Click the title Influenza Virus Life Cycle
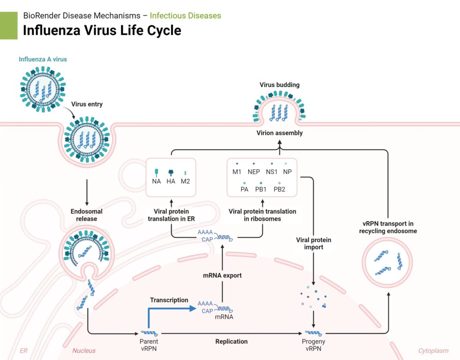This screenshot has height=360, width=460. point(102,31)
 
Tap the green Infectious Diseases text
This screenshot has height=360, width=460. point(185,16)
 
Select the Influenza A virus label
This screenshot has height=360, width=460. point(43,59)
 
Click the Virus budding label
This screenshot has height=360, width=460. point(279,84)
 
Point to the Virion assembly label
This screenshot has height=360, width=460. point(279,133)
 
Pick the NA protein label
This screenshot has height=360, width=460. point(156,181)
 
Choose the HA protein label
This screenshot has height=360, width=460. point(171,181)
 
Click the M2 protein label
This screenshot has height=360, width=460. point(185,181)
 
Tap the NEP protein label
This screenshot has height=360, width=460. point(254,172)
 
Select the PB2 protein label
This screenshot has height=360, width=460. point(279,189)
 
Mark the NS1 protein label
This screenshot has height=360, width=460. point(272,172)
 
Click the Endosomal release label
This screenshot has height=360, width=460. point(86,215)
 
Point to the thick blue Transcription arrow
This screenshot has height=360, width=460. point(171,309)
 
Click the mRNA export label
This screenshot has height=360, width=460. point(222,276)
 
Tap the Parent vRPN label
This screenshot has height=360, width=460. point(149,345)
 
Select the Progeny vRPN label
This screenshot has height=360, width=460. point(313,345)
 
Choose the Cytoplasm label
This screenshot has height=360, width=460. point(434,351)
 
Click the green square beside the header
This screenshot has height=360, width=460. point(9,25)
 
